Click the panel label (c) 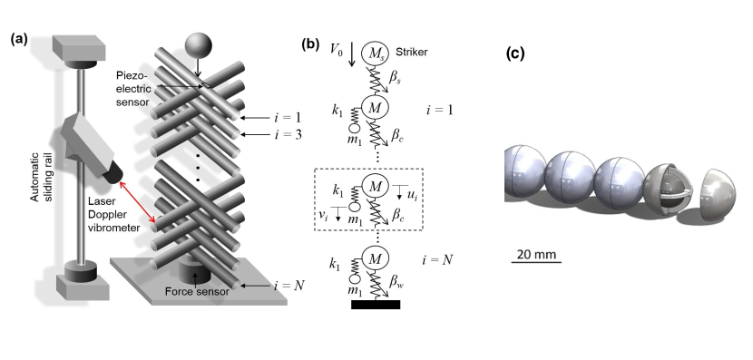click(514, 53)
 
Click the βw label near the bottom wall click(401, 288)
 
